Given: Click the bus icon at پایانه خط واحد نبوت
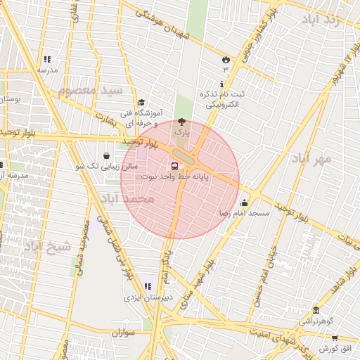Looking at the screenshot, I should pyautogui.click(x=174, y=166).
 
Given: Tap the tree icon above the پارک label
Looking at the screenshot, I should pyautogui.click(x=183, y=122).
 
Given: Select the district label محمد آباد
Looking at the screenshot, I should pyautogui.click(x=127, y=199).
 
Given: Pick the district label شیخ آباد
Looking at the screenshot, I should pyautogui.click(x=47, y=247).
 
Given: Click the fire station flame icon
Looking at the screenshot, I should pyautogui.click(x=226, y=59).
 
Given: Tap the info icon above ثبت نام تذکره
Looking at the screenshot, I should pyautogui.click(x=221, y=84).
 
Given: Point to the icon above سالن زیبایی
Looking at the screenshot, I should pyautogui.click(x=106, y=156).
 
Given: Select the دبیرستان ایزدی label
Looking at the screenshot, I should pyautogui.click(x=143, y=297).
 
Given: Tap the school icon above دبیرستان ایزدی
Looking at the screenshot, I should pyautogui.click(x=148, y=286).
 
